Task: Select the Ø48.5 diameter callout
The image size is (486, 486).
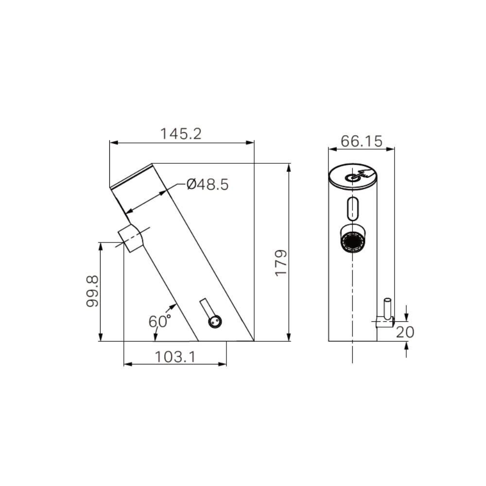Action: pos(207,185)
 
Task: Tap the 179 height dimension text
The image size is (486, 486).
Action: pos(281,263)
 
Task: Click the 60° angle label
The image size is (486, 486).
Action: pos(159,321)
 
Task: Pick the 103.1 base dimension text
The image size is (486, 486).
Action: pos(175,357)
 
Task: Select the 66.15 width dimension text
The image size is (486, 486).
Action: pos(361,141)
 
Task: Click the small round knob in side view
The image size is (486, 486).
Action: pos(214,321)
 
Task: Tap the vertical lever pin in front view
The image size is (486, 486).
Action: pos(387,308)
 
